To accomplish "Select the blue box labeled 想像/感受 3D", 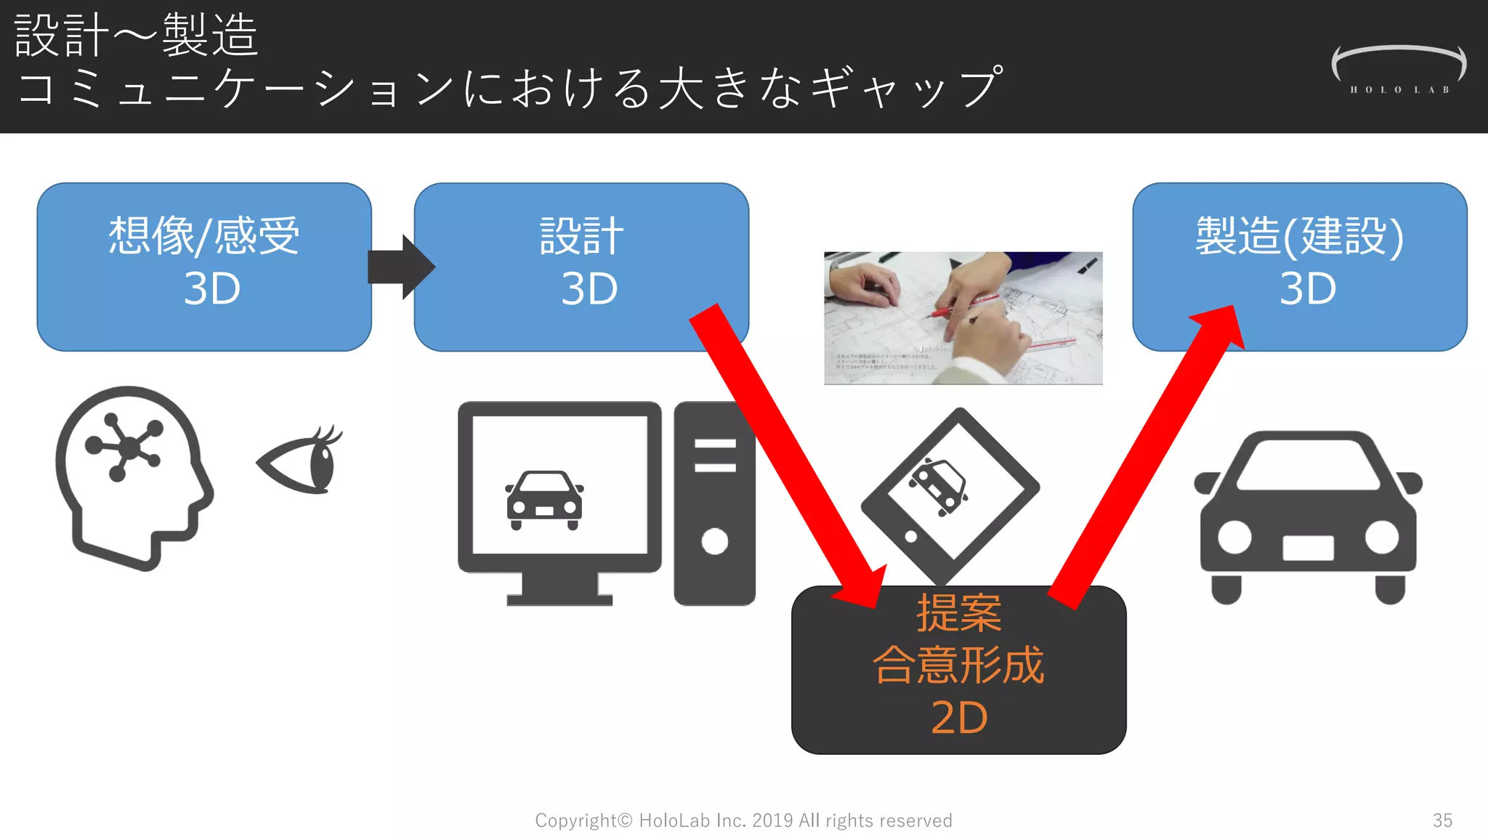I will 204,266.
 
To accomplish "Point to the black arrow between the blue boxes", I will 400,267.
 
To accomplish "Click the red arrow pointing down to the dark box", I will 785,450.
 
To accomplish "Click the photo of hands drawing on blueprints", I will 963,318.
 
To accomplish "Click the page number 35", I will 1442,820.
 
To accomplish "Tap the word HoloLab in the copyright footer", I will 674,820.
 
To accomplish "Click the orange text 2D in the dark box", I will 959,718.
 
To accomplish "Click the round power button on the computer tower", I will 714,541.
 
